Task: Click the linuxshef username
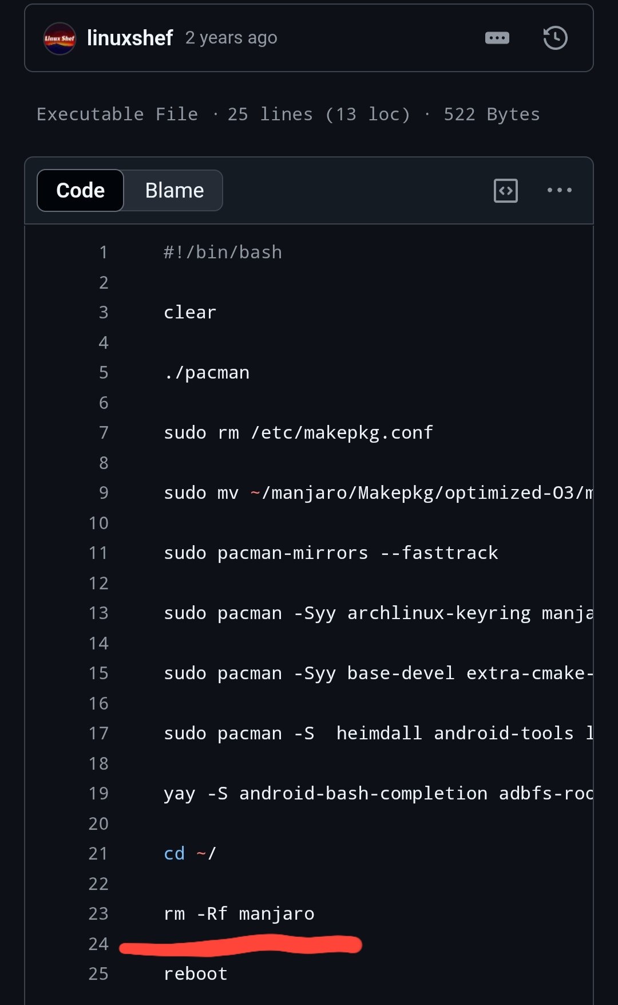click(130, 38)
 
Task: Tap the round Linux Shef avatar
click(60, 38)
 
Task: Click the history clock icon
click(555, 38)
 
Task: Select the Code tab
click(80, 190)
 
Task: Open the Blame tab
click(174, 190)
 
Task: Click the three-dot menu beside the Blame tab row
click(559, 190)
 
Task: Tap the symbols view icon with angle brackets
click(506, 191)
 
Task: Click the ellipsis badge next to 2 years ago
click(497, 38)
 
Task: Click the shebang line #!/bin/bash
click(223, 253)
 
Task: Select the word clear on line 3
click(190, 312)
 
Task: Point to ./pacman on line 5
click(207, 373)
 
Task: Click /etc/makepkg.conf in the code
click(342, 433)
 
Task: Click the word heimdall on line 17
click(379, 733)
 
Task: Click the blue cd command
click(174, 853)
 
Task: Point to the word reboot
click(196, 974)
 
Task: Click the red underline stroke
click(240, 945)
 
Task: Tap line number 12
click(98, 583)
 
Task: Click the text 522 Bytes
click(492, 115)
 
